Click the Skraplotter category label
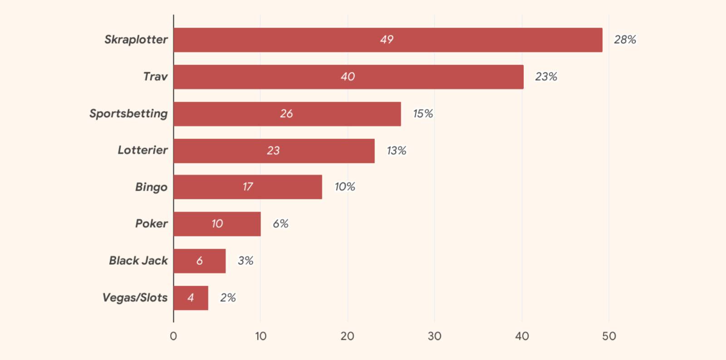[x=136, y=39]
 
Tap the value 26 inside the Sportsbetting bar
[x=286, y=113]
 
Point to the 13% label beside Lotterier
[x=396, y=151]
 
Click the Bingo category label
[x=151, y=187]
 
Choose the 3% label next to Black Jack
[x=245, y=261]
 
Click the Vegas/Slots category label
[x=135, y=298]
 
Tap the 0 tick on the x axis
[x=173, y=336]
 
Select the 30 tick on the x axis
[x=434, y=336]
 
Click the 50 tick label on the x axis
[x=609, y=336]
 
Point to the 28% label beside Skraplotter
[x=625, y=40]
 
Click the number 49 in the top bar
[x=387, y=40]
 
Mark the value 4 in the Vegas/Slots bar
[x=191, y=298]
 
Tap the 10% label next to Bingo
[x=345, y=187]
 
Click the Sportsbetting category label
[x=128, y=113]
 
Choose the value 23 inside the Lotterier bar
[x=273, y=151]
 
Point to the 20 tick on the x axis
[x=347, y=336]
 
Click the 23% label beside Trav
[x=546, y=77]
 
